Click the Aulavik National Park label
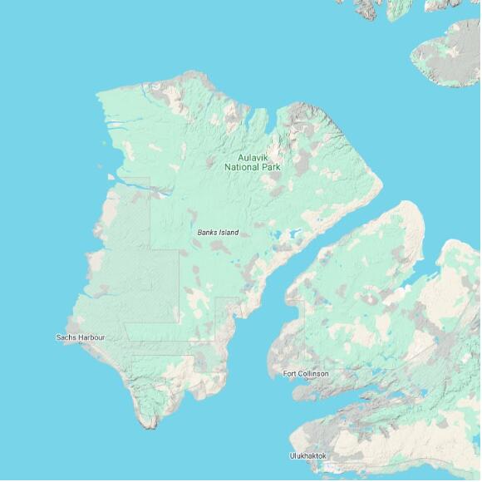(x=253, y=162)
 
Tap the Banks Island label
(x=218, y=233)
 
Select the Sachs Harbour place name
(x=80, y=337)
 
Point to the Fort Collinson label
(x=305, y=374)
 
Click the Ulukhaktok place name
(x=307, y=456)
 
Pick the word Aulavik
(x=253, y=157)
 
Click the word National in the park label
(x=243, y=167)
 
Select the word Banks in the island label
(x=208, y=233)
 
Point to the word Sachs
(x=66, y=337)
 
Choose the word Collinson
(x=312, y=374)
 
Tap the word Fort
(x=289, y=374)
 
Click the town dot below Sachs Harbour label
(x=81, y=344)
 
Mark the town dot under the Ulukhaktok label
(x=308, y=464)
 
